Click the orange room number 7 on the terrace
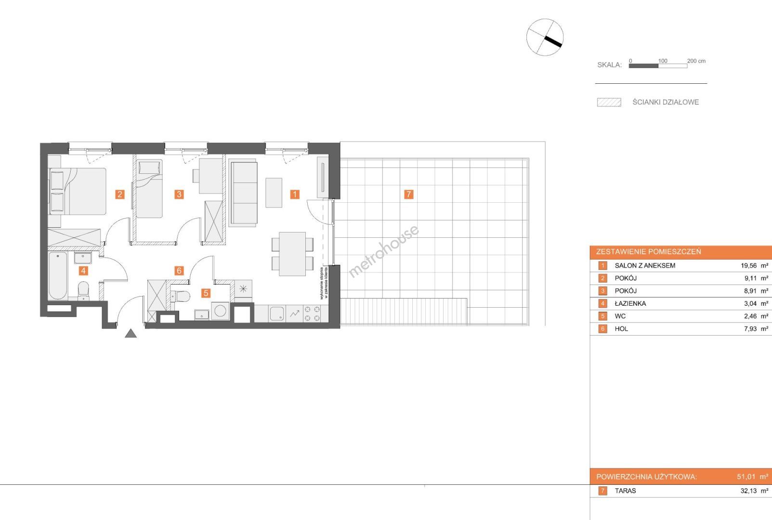[x=408, y=195]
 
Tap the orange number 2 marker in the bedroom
[x=119, y=195]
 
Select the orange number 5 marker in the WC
[x=206, y=293]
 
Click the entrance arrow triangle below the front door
[x=131, y=333]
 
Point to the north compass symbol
[x=545, y=37]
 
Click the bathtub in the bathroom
[x=58, y=276]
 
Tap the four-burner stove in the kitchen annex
[x=312, y=313]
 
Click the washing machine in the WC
[x=220, y=311]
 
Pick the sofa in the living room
[x=243, y=193]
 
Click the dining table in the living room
[x=292, y=254]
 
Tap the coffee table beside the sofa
[x=274, y=193]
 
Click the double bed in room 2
[x=78, y=191]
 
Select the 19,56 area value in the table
[x=748, y=266]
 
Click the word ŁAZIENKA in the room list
[x=630, y=304]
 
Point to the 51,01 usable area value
[x=746, y=477]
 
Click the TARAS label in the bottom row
[x=625, y=491]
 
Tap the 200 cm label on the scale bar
[x=696, y=61]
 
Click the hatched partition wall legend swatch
[x=609, y=103]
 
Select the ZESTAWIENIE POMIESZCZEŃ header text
[x=649, y=251]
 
